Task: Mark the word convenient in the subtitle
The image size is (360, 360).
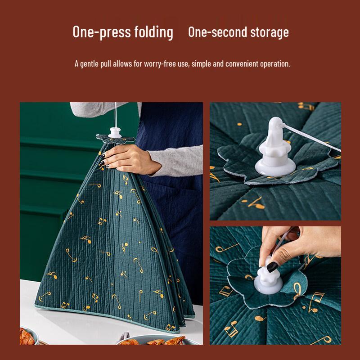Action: coord(243,64)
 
